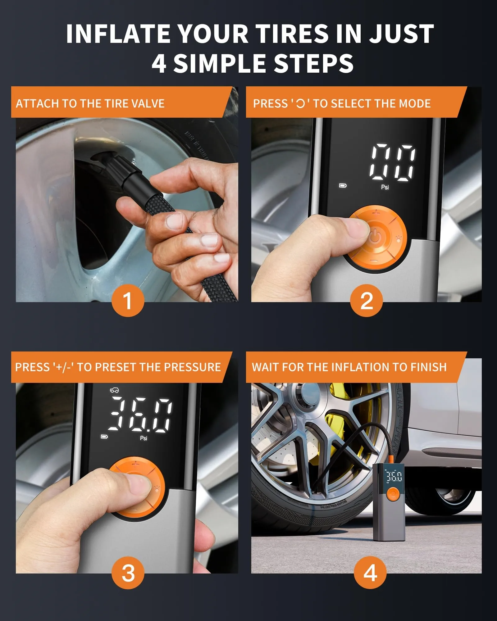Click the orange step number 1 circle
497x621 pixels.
click(128, 300)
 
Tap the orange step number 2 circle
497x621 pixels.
click(367, 300)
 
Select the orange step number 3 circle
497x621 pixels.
click(128, 572)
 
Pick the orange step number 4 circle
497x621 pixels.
click(370, 572)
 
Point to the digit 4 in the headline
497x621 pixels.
click(159, 63)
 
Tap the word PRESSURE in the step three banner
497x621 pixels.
click(192, 367)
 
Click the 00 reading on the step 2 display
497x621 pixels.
click(393, 162)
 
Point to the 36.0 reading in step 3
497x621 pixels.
click(140, 415)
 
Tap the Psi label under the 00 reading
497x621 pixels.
click(385, 187)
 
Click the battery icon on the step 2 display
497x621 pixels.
click(343, 186)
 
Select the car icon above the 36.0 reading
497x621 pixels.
click(114, 390)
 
